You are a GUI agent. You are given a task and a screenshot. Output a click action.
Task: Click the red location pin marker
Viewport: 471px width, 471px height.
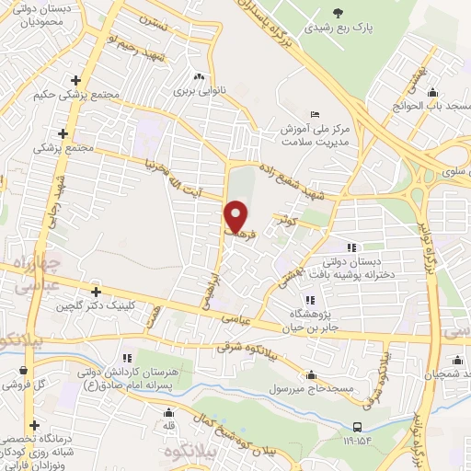(x=236, y=217)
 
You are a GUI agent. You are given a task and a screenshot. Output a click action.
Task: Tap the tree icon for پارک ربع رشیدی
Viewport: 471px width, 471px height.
(x=339, y=13)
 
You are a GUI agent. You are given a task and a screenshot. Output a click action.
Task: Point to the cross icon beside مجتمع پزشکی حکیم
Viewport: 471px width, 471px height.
(x=87, y=81)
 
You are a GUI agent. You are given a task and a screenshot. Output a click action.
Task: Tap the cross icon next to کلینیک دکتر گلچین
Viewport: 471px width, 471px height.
(x=96, y=293)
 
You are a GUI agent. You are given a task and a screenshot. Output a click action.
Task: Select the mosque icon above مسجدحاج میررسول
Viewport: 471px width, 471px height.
(x=312, y=375)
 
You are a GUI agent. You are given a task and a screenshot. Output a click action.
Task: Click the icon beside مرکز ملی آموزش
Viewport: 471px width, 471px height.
(x=316, y=115)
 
